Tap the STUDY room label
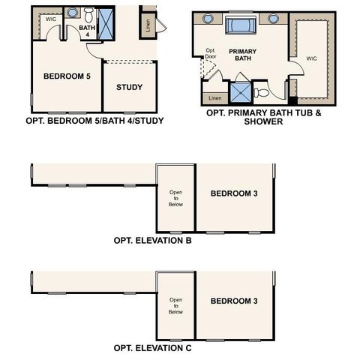point(130,87)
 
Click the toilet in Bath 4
point(88,14)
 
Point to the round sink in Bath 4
point(72,13)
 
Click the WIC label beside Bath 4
point(51,19)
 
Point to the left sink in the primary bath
point(208,19)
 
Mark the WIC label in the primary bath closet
point(310,57)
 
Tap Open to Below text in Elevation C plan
point(175,306)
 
